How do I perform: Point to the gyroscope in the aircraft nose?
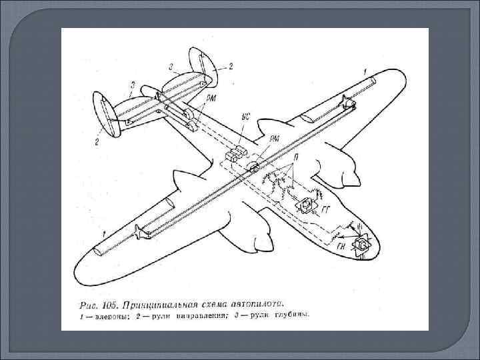361,249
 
